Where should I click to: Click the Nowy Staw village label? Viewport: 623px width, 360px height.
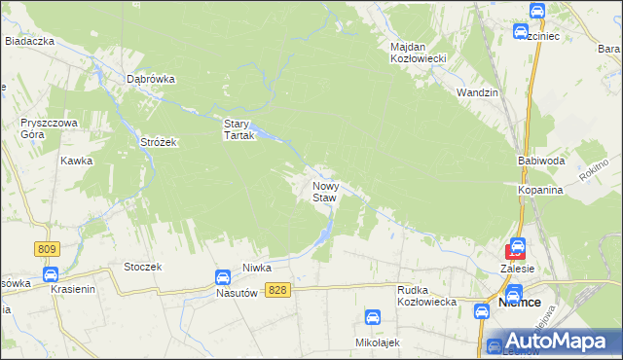click(325, 191)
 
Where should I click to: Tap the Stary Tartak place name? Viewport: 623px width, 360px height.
click(238, 129)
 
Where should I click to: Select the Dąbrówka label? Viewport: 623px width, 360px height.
click(150, 80)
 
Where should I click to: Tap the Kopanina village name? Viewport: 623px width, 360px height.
click(541, 190)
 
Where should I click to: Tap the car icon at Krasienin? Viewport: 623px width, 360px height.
click(51, 274)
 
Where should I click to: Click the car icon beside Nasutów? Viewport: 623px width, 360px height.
click(223, 277)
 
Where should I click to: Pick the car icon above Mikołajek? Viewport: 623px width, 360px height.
click(373, 317)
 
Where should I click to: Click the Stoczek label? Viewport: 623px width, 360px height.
click(142, 266)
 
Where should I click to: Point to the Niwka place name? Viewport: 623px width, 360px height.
click(257, 267)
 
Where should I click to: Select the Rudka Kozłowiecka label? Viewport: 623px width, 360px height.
click(427, 296)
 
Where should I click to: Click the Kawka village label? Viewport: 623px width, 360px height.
click(76, 161)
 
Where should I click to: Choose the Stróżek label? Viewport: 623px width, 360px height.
click(158, 142)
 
